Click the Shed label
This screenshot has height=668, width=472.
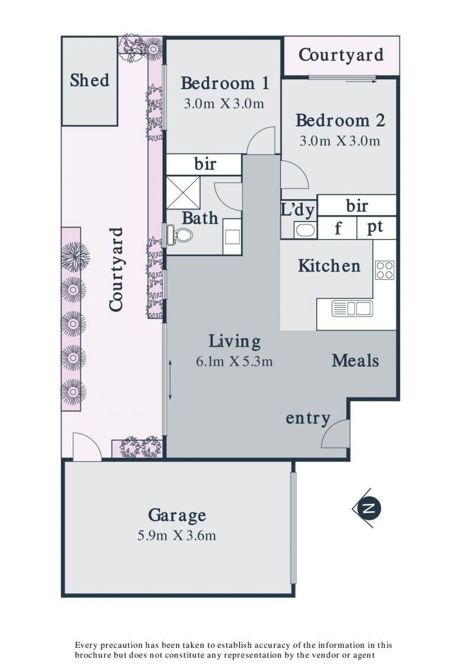(x=89, y=80)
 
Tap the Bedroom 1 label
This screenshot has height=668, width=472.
(x=225, y=83)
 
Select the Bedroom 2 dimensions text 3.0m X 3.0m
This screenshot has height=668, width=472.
(x=340, y=141)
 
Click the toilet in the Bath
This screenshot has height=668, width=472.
(x=179, y=234)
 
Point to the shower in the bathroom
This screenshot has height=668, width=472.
(x=183, y=193)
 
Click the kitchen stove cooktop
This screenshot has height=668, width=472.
(x=384, y=270)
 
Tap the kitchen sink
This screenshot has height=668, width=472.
(x=352, y=308)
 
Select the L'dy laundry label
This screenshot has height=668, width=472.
(x=298, y=210)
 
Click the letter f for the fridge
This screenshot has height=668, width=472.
(x=337, y=229)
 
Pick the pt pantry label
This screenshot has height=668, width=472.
(x=375, y=227)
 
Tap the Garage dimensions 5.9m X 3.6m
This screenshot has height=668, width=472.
(x=176, y=536)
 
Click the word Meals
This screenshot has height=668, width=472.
(x=355, y=360)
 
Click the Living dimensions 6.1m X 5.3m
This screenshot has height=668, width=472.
(x=234, y=361)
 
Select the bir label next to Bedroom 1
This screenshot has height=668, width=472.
(x=205, y=164)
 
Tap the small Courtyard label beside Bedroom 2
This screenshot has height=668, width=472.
(x=341, y=56)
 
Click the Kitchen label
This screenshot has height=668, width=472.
(x=329, y=266)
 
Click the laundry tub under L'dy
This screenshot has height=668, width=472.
(x=305, y=230)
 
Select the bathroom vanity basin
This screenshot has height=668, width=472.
(x=232, y=236)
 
